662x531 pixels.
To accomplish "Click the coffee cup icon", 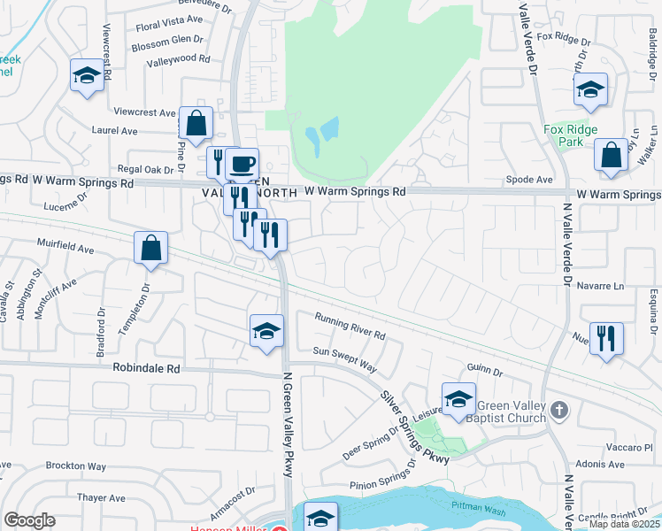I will [242, 164].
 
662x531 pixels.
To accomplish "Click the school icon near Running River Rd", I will [266, 332].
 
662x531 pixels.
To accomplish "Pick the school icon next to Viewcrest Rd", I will [88, 76].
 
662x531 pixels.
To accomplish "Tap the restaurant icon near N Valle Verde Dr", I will [606, 339].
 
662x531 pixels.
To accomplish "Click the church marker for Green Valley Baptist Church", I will [558, 410].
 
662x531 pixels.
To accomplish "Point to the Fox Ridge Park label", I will [564, 135].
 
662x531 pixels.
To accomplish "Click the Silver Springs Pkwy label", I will [413, 426].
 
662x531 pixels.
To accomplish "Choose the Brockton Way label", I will [76, 466].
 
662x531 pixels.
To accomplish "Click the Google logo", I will [29, 520].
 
